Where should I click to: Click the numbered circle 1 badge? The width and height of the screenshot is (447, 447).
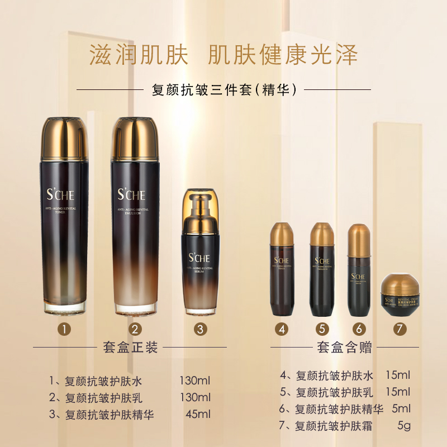65,329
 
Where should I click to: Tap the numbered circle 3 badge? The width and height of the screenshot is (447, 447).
200,329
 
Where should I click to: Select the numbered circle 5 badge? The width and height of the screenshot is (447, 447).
321,329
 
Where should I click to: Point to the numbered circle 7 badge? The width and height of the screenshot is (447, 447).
399,329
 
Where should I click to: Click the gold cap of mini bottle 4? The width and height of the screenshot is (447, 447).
283,234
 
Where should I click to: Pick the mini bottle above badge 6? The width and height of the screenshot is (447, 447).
358,268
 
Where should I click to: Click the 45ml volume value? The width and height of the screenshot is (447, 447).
198,414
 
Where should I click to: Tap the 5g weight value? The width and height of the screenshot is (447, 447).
403,426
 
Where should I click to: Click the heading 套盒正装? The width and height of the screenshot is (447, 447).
131,348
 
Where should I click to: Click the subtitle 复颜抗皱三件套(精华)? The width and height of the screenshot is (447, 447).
223,89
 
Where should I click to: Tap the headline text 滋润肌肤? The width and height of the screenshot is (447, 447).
139,55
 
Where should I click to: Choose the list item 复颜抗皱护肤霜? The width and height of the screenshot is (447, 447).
334,426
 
